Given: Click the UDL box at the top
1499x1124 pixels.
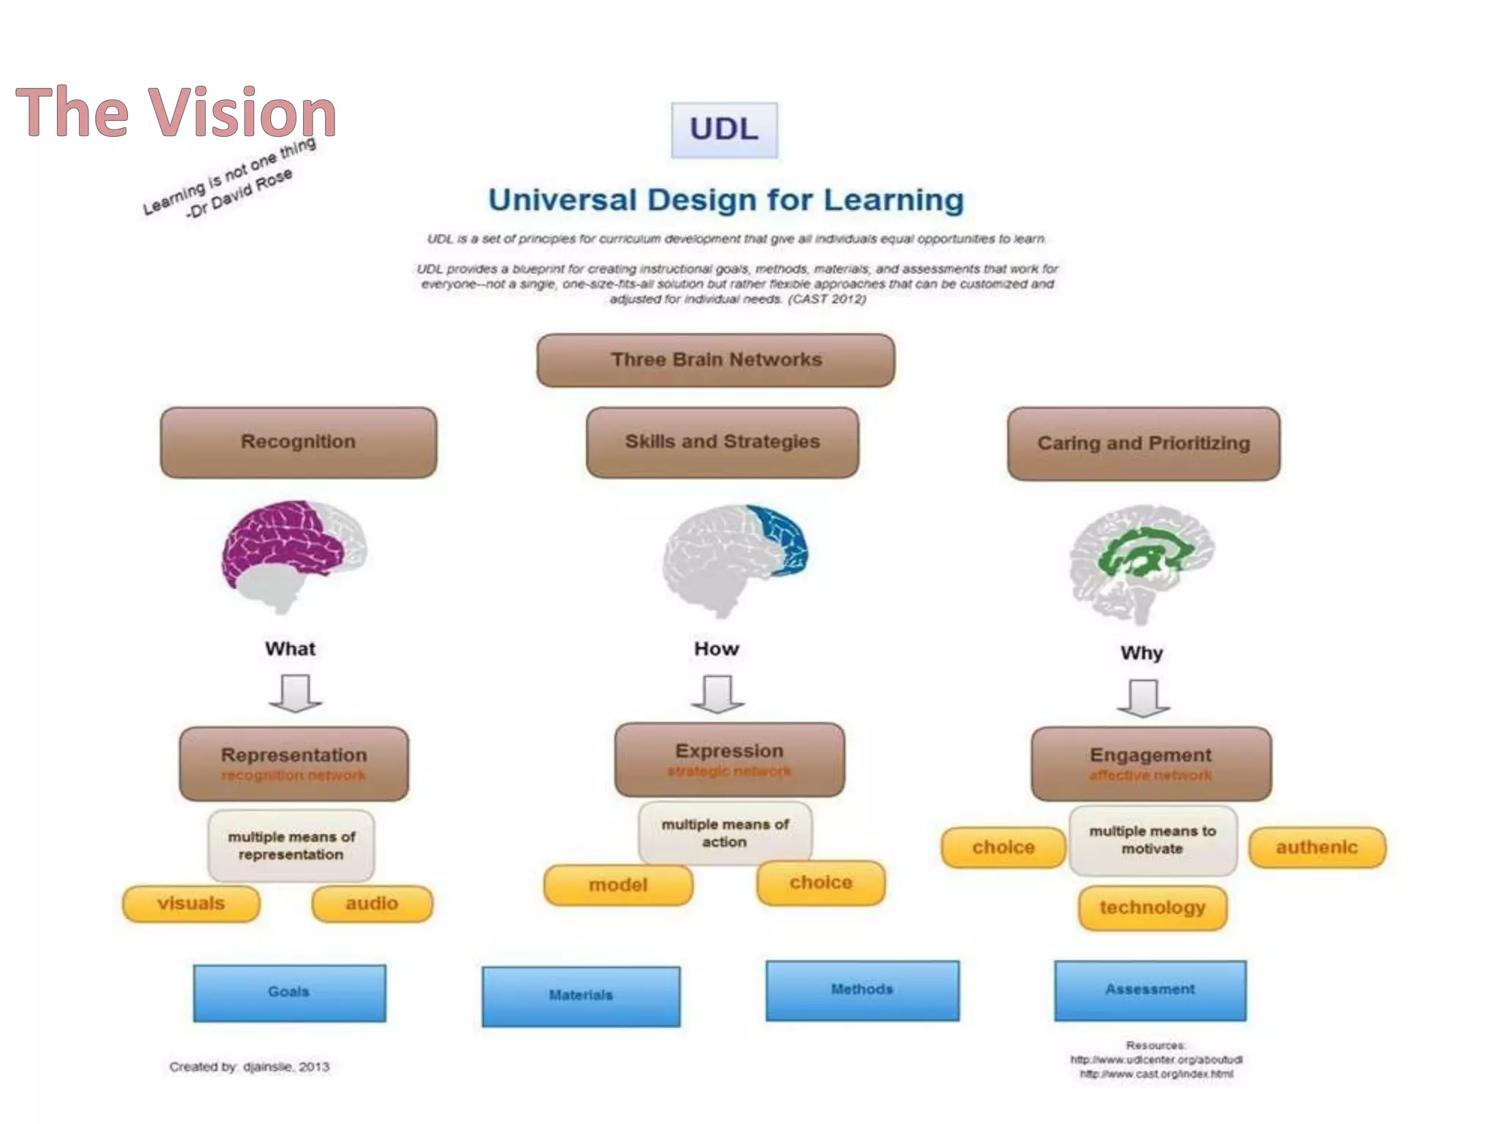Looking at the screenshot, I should [724, 130].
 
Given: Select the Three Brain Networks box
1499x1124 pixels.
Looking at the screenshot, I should [715, 360].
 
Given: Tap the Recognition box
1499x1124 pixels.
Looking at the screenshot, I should [299, 442].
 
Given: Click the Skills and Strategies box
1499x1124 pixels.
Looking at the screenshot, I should [722, 442].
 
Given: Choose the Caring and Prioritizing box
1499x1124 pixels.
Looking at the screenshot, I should [1143, 443].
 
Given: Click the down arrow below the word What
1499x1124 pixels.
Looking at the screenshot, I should [295, 693].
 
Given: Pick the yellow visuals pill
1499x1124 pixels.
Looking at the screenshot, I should [191, 904].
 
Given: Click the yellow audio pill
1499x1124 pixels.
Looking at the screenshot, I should [372, 904].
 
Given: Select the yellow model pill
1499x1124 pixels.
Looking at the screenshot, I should [618, 885].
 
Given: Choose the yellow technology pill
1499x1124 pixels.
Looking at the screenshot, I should [1152, 908].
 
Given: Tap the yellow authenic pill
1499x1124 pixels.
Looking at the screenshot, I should [1317, 847].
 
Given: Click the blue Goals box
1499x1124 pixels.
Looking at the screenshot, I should [289, 992].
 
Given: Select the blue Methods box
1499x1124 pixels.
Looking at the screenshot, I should [862, 990].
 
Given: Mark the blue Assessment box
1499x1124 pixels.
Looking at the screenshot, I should [1150, 990].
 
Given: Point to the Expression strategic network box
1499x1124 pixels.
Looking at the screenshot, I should [729, 760].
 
